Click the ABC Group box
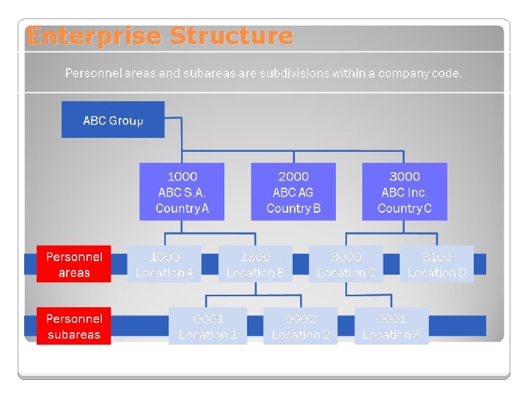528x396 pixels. coord(113,120)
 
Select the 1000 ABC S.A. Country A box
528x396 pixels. coord(182,191)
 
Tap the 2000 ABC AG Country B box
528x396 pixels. coord(293,191)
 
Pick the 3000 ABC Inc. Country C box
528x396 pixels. coord(404,191)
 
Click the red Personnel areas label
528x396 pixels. coord(74,264)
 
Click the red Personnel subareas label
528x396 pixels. coord(74,326)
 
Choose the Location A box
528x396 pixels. coord(164,264)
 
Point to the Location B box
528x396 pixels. coord(255,264)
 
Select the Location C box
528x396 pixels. coord(346,264)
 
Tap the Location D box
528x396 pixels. coord(436,264)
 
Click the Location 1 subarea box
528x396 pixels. coord(208,326)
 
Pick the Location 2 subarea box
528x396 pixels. coord(301,326)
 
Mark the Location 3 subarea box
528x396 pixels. coord(392,326)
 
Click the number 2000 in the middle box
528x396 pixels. coord(293,177)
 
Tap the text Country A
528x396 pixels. coord(182,208)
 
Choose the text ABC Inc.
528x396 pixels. coord(404,192)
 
